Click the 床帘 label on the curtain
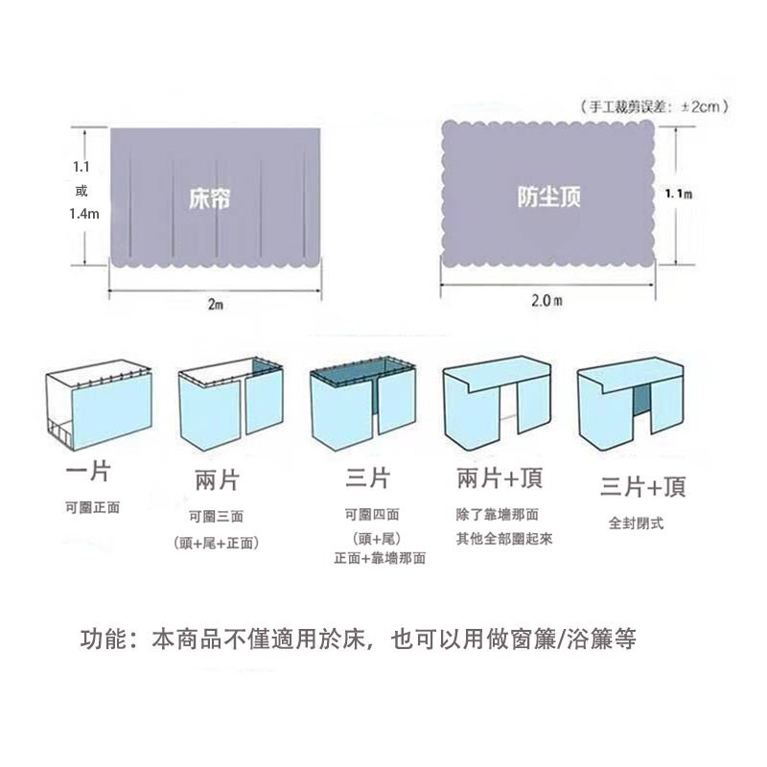pyautogui.click(x=209, y=198)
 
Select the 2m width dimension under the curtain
pyautogui.click(x=215, y=304)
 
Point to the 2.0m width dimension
pyautogui.click(x=546, y=301)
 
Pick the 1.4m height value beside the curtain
pyautogui.click(x=83, y=214)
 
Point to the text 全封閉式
pyautogui.click(x=636, y=523)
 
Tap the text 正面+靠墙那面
pyautogui.click(x=379, y=558)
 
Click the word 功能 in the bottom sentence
pyautogui.click(x=100, y=639)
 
